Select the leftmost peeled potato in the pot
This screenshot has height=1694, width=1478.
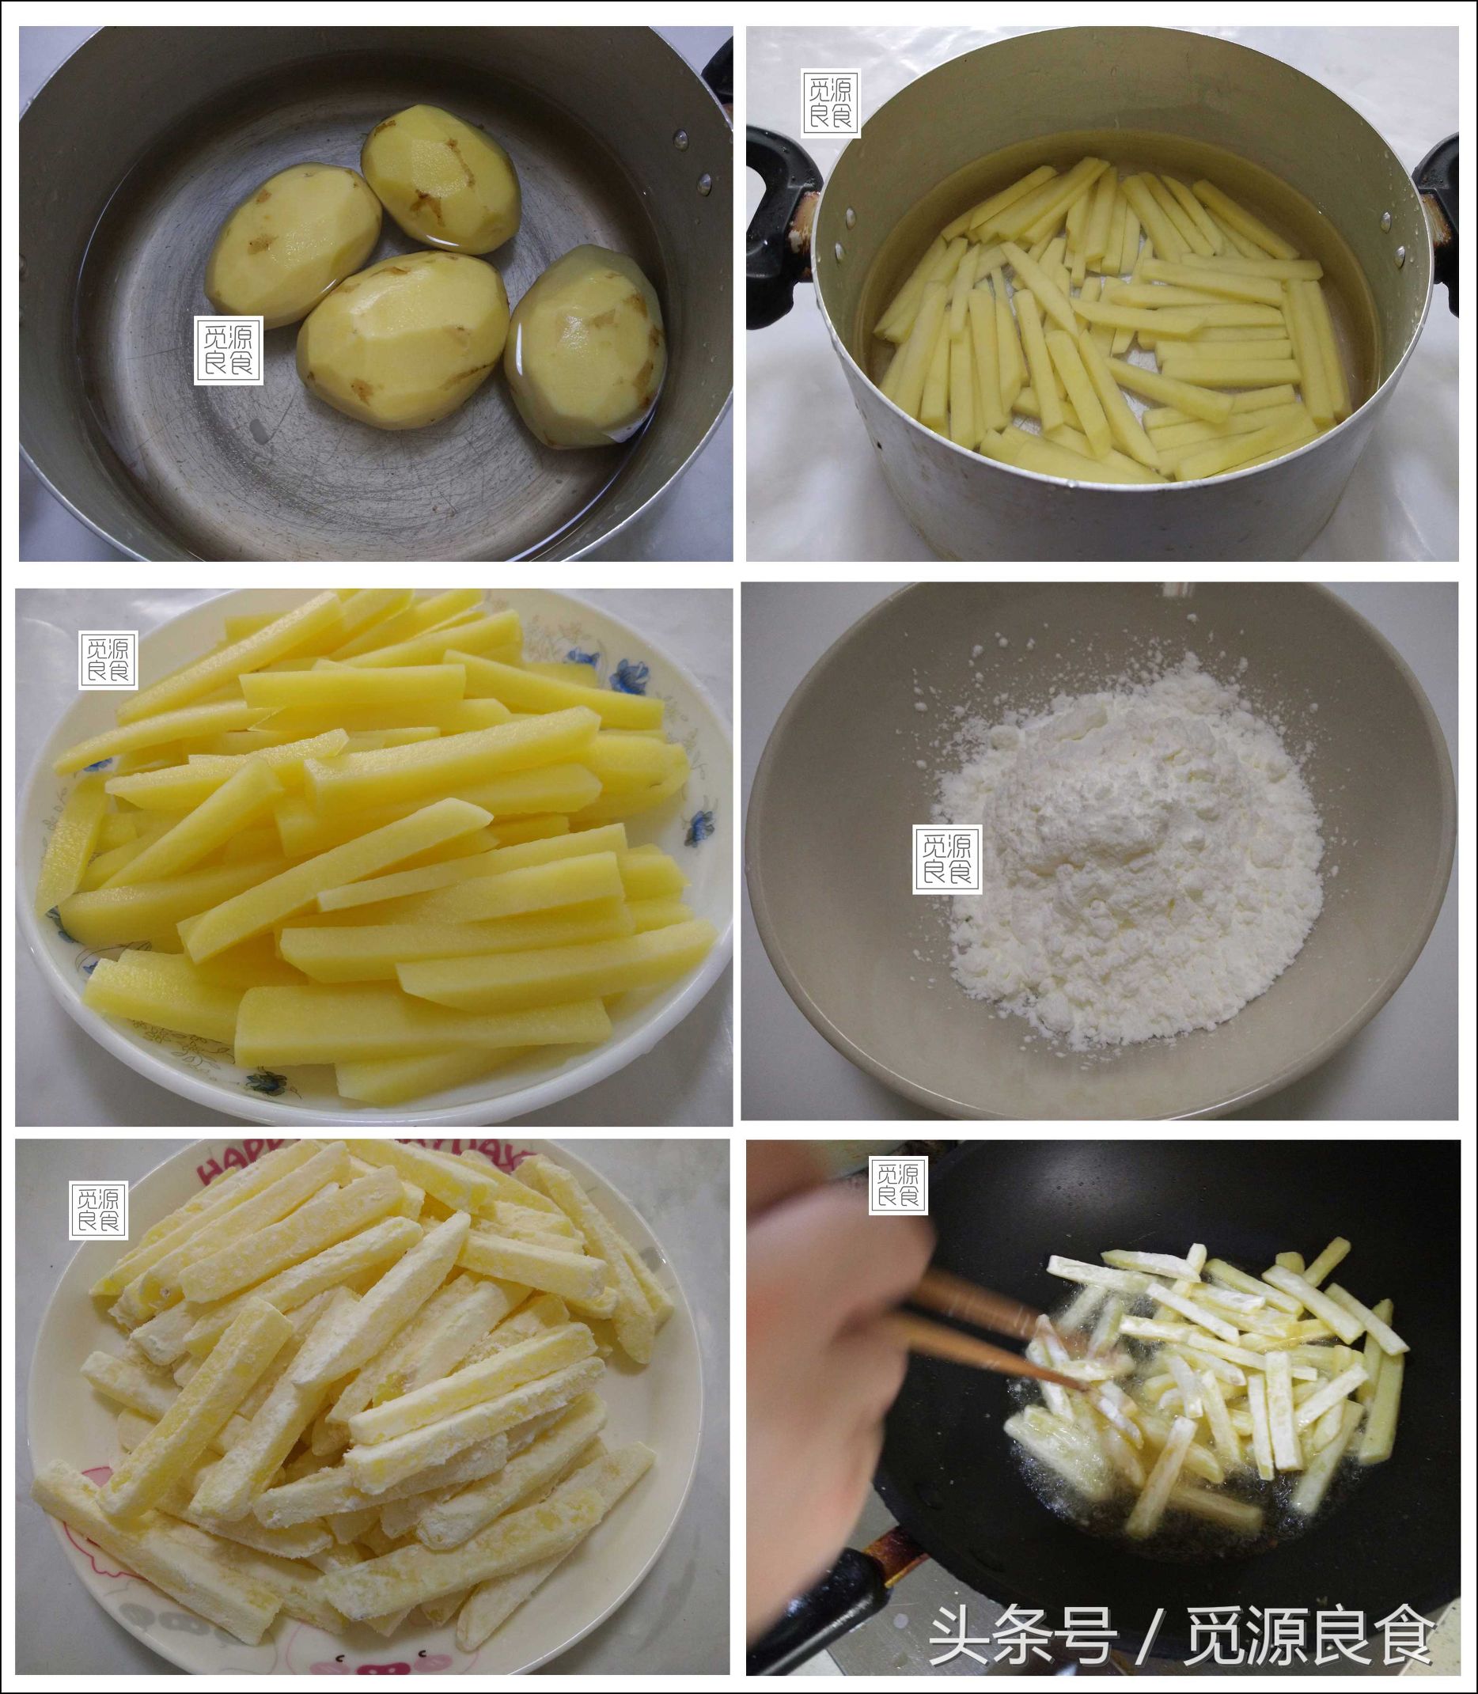click(293, 255)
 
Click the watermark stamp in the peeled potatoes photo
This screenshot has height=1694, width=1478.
click(229, 351)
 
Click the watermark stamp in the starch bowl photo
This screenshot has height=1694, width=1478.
click(947, 858)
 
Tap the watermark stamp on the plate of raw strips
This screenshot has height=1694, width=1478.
click(109, 660)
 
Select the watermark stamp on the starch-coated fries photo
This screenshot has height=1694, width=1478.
click(98, 1210)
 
